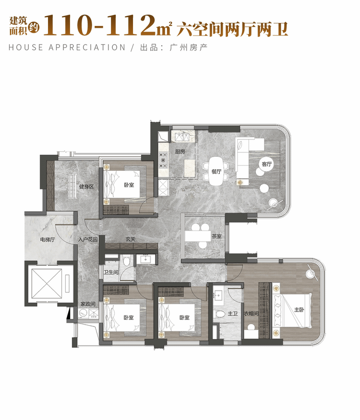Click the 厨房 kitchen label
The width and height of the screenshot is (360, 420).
click(x=180, y=152)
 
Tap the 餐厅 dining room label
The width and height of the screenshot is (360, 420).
click(x=216, y=172)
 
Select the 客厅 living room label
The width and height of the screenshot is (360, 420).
click(x=267, y=164)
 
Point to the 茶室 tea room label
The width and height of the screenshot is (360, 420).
click(x=216, y=236)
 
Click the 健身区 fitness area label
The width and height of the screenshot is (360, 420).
click(x=86, y=187)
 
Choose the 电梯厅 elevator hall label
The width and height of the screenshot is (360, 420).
click(x=48, y=239)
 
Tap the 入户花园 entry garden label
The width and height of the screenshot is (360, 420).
click(x=88, y=239)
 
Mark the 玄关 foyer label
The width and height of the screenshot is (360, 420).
click(x=131, y=239)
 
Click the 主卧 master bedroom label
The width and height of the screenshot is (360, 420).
click(x=299, y=310)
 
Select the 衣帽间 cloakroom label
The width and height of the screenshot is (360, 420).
click(x=251, y=314)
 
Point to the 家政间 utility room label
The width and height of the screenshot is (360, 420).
click(x=88, y=304)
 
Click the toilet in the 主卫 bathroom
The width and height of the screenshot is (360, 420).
click(x=219, y=314)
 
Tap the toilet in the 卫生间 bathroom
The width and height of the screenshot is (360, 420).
click(x=126, y=260)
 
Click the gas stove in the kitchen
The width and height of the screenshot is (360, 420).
click(x=163, y=160)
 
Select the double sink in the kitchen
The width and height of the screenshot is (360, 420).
click(x=182, y=137)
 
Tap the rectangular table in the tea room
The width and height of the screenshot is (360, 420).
click(x=198, y=236)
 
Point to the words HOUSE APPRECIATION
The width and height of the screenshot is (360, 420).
click(x=67, y=47)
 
